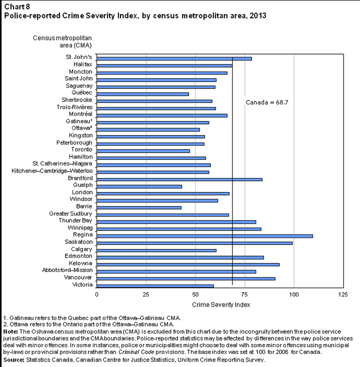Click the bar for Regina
[204, 235]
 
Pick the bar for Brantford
[179, 179]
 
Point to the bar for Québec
[142, 93]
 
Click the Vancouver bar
[185, 278]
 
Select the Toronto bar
[143, 150]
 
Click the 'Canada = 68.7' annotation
[266, 102]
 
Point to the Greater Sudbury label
[70, 213]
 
